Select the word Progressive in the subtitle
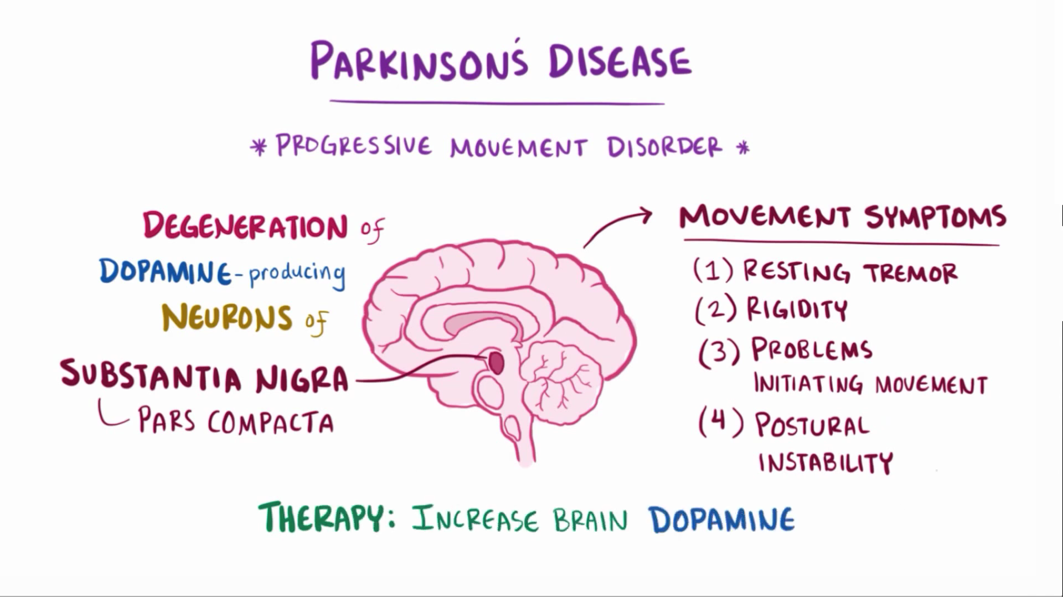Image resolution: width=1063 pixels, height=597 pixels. coord(353,146)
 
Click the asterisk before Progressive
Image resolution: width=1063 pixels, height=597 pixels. coord(258,147)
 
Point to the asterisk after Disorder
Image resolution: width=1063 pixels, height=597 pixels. coord(742,148)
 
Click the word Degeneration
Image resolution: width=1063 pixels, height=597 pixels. coord(245,227)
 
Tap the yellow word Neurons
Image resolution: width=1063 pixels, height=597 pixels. coord(227,317)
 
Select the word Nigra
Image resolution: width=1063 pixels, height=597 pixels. coord(302,380)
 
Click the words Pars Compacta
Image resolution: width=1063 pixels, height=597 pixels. coord(236,421)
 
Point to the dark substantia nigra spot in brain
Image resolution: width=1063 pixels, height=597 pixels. coord(496,363)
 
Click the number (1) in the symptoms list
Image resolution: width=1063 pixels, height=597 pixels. coord(713,270)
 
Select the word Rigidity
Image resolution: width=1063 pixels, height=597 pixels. coord(797,309)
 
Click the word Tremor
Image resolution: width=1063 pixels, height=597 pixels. coord(911,272)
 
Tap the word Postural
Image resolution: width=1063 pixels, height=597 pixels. coord(812,425)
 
